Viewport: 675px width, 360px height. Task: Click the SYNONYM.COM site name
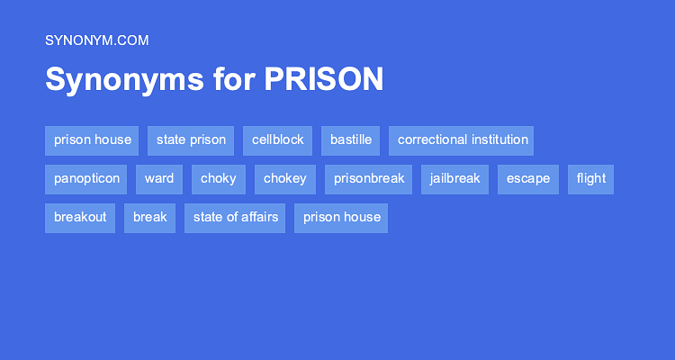pos(96,40)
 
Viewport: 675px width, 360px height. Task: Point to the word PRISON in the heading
pos(324,79)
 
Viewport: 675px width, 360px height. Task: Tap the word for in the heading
pos(234,79)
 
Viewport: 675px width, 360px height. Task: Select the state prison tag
pos(191,140)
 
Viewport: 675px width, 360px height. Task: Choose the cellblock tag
pos(277,140)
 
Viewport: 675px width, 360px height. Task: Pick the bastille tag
pos(350,140)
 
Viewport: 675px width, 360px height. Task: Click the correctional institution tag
pos(463,140)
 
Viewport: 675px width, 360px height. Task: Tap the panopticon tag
pos(86,179)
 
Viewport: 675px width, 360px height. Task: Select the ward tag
pos(159,179)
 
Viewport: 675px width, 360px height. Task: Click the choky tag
pos(219,179)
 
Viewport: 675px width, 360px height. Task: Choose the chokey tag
pos(285,179)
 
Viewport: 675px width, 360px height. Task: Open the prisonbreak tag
pos(369,179)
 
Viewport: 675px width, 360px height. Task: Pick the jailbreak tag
pos(455,179)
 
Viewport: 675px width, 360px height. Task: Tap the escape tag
pos(528,179)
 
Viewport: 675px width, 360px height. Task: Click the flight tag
pos(591,179)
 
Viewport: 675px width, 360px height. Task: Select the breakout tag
pos(80,218)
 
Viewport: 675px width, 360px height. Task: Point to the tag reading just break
pos(150,218)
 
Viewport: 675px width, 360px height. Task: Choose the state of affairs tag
pos(235,218)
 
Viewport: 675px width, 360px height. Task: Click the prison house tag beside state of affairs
pos(342,218)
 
